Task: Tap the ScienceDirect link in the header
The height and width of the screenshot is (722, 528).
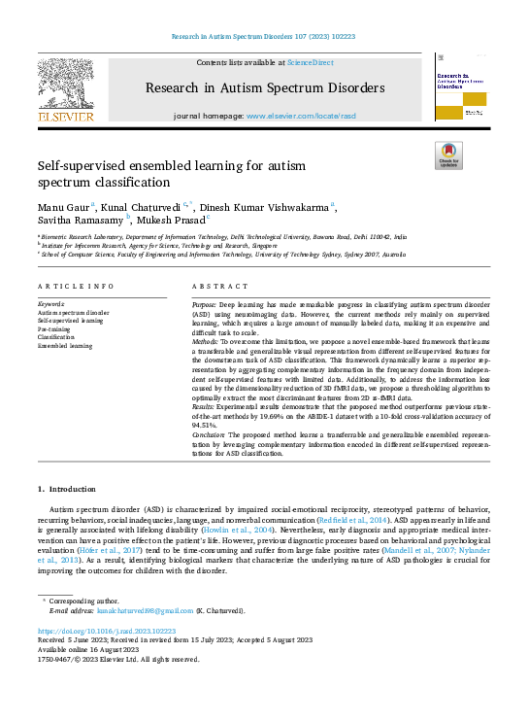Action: [311, 62]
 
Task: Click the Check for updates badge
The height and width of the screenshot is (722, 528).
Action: [448, 155]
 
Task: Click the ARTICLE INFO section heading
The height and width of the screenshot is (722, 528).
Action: [76, 287]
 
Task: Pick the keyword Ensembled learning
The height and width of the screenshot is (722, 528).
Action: [65, 345]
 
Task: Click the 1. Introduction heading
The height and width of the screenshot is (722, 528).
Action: [67, 488]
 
